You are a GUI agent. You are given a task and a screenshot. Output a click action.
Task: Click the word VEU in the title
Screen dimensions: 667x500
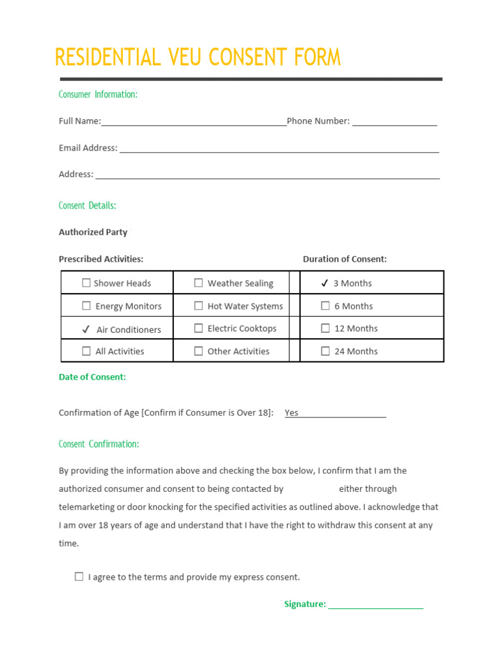point(188,57)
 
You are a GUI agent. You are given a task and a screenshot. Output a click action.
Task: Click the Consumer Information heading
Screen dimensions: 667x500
point(98,94)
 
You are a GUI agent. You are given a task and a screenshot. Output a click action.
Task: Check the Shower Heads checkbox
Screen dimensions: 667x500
point(87,283)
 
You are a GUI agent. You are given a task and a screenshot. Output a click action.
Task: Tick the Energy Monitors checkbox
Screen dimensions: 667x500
point(87,305)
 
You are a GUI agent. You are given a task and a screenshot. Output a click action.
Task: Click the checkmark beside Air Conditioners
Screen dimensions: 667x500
point(86,330)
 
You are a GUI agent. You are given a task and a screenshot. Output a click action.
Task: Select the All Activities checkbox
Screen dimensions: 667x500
point(87,351)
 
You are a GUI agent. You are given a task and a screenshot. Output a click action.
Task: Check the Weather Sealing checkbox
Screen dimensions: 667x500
point(199,283)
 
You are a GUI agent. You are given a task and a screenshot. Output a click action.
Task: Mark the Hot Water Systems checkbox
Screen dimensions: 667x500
point(199,305)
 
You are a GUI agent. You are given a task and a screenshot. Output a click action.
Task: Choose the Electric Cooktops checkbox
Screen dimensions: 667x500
point(199,328)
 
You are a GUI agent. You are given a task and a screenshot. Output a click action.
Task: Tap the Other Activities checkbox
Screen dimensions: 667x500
point(199,351)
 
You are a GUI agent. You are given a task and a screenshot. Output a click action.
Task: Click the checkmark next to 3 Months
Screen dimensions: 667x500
point(324,283)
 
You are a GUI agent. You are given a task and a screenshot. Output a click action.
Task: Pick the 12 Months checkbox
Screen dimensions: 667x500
point(326,328)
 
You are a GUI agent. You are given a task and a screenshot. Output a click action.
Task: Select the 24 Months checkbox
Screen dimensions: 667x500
point(326,351)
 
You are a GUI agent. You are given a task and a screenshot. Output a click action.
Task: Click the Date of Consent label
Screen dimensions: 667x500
point(92,376)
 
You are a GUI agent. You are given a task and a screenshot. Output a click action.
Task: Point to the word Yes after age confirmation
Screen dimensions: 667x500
point(292,412)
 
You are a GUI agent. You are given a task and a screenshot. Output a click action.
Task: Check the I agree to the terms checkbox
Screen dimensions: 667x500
point(79,576)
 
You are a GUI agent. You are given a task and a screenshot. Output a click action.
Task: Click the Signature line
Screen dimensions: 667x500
point(376,605)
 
